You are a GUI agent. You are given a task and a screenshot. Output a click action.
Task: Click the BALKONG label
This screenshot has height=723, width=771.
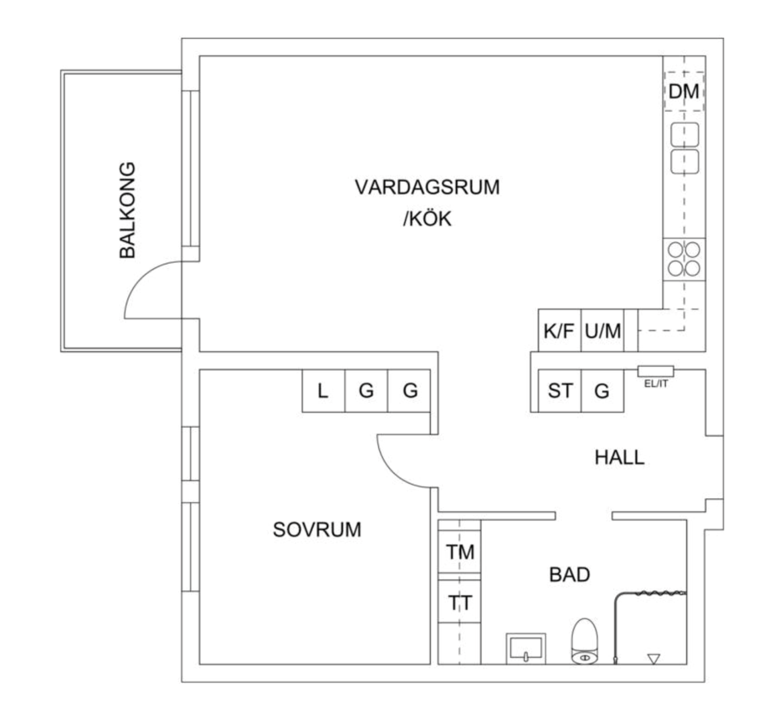127,210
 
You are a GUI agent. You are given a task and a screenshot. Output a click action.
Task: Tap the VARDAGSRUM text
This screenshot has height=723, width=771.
427,187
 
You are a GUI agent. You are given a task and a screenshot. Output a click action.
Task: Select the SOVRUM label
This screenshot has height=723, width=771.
317,530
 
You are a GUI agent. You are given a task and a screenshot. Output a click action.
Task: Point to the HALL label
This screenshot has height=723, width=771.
620,457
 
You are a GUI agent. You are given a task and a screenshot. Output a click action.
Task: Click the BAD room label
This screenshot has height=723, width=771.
569,574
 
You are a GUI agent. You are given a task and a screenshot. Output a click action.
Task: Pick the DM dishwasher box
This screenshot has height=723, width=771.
684,92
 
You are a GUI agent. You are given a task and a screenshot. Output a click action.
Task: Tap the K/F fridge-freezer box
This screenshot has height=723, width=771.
559,331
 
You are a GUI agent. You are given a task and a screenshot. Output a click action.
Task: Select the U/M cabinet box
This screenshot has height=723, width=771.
602,331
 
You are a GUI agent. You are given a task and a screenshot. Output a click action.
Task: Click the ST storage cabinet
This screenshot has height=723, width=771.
560,390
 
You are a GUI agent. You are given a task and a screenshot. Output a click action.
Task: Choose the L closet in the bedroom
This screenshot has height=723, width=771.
323,391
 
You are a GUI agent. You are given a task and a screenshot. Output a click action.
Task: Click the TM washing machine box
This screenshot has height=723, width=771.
460,552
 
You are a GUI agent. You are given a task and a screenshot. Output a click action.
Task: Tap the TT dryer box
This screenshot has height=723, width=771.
460,603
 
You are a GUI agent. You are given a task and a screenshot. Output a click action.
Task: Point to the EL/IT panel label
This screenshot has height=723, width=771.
656,384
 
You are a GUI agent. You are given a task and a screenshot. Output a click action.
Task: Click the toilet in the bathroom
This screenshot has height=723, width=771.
584,641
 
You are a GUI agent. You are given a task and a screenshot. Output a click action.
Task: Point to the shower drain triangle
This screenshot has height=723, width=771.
653,659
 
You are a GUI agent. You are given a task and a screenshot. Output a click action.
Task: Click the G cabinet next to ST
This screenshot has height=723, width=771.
602,390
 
